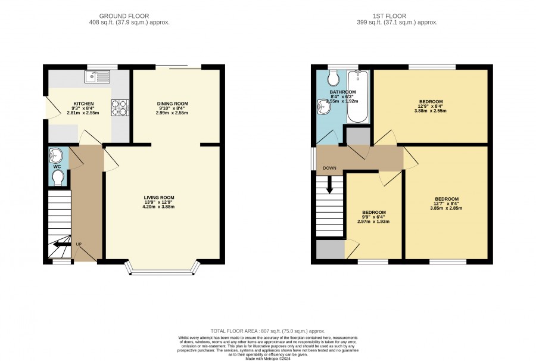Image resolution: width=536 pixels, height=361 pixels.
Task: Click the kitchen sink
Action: tap(98, 77)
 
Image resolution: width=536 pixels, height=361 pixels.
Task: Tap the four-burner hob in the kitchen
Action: tap(120, 107)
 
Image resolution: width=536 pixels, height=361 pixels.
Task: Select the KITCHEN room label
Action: tap(84, 104)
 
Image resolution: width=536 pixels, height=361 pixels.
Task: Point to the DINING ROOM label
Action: tap(173, 104)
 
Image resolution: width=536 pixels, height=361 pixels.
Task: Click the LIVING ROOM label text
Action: tap(159, 198)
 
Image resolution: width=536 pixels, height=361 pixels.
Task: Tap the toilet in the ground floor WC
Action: tap(58, 178)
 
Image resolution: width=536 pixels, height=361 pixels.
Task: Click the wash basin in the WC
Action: tap(56, 155)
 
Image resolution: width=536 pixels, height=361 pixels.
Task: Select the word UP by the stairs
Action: tap(79, 244)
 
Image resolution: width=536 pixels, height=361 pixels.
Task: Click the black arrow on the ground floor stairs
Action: tap(61, 244)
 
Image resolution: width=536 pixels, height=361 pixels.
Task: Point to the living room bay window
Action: tap(162, 270)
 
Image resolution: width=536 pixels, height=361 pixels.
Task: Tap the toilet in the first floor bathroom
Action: tap(333, 78)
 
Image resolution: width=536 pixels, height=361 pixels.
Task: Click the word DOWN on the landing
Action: tap(329, 168)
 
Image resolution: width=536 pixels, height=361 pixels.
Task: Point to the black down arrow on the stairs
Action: tap(329, 185)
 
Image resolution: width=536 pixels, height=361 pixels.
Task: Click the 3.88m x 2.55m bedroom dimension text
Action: tap(431, 111)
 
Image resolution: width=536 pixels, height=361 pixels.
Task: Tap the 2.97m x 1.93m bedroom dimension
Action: tap(373, 222)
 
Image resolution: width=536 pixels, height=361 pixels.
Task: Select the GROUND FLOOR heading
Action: tap(124, 16)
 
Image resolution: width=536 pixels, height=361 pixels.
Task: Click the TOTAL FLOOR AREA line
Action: tap(268, 331)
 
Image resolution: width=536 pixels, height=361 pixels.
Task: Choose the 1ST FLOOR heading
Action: tap(389, 16)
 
